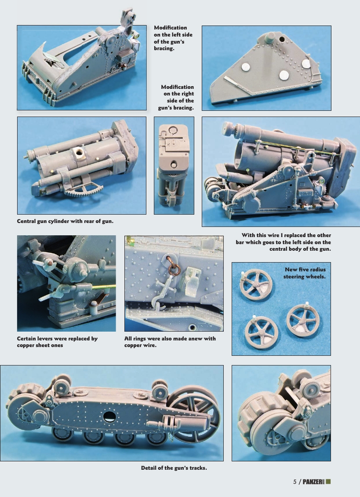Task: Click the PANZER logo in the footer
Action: point(313,482)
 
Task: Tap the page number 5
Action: point(295,482)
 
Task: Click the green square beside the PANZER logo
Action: point(328,481)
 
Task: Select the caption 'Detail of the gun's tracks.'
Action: point(174,468)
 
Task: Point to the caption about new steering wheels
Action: point(305,273)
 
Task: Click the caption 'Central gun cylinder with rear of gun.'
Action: point(65,221)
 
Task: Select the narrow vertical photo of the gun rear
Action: point(174,165)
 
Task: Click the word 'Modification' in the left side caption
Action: point(170,28)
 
